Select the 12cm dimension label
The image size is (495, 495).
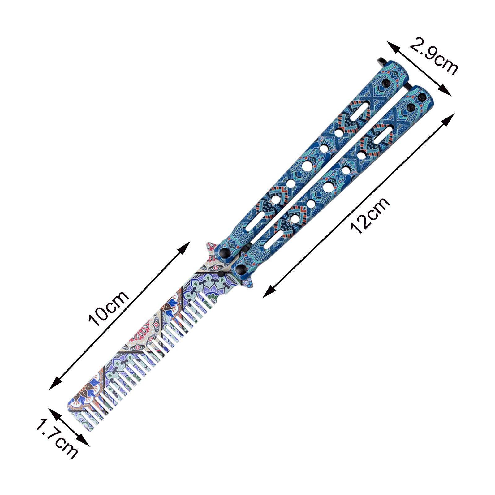click(x=370, y=215)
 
